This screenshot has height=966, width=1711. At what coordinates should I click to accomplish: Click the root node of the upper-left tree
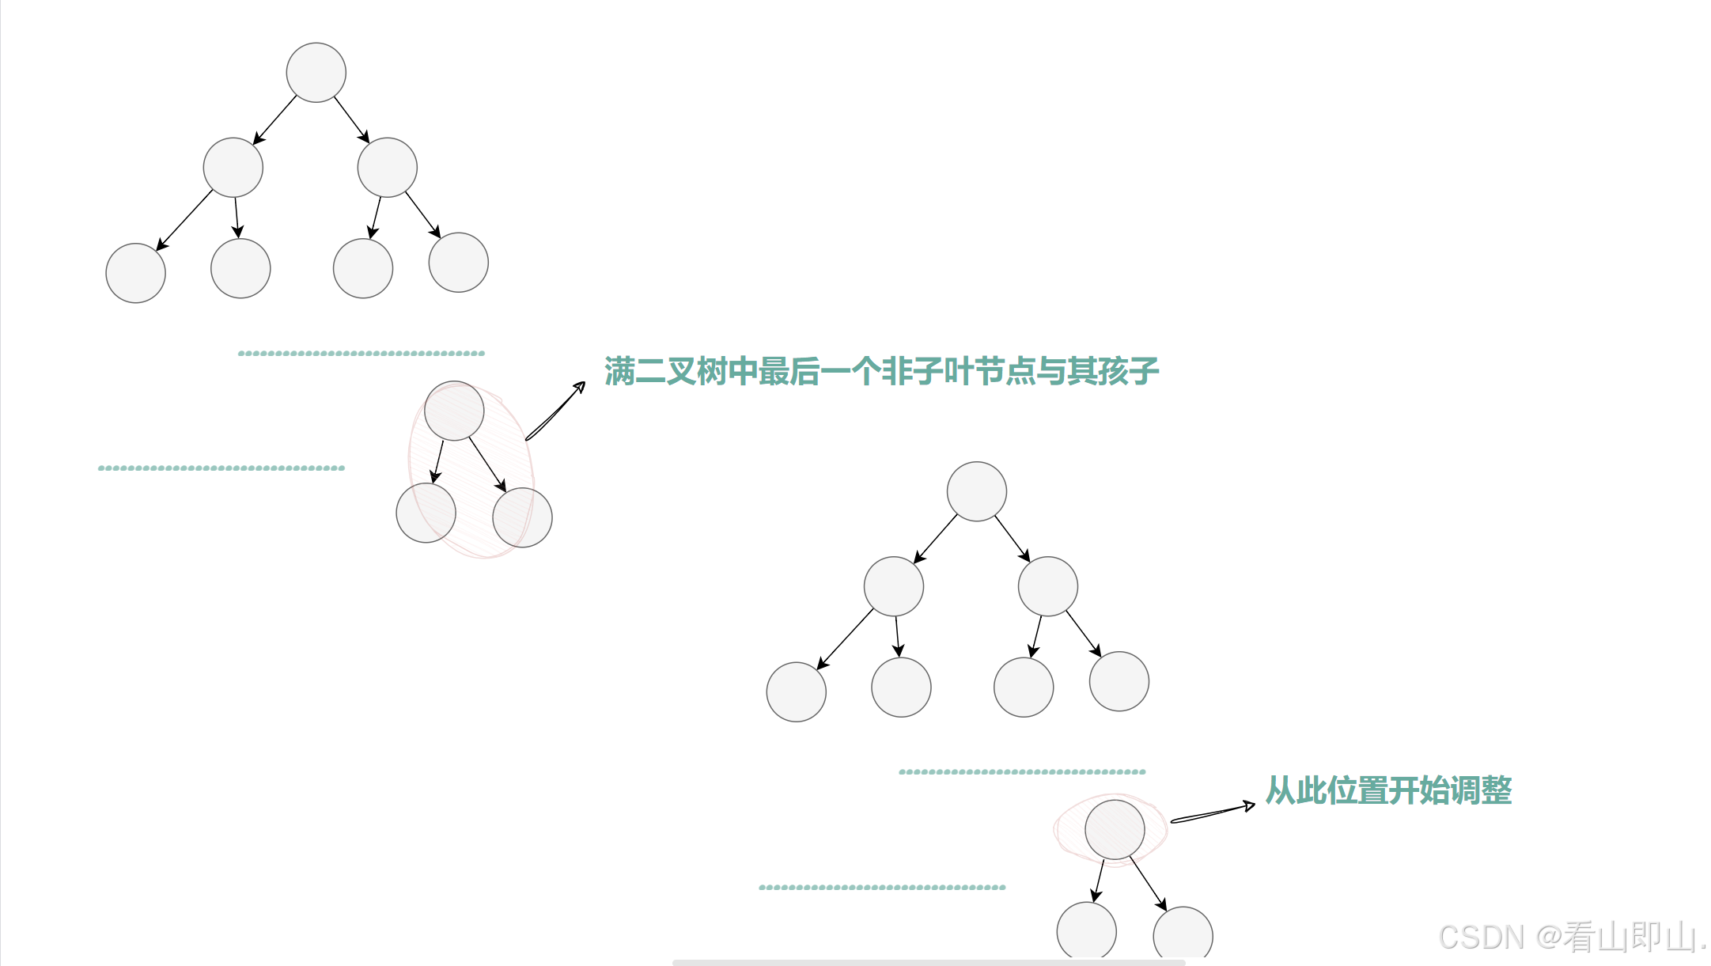click(x=316, y=73)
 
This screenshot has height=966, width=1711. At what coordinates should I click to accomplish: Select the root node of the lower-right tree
click(x=976, y=491)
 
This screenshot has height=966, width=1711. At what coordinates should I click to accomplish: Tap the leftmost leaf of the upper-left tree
click(x=135, y=273)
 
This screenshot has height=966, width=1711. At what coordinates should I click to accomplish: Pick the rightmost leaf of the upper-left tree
click(x=458, y=263)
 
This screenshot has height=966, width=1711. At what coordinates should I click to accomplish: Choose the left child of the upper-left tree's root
click(x=233, y=168)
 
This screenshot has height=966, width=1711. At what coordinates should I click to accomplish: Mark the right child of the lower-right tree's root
click(x=1047, y=586)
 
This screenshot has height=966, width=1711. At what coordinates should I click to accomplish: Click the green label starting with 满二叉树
click(x=881, y=371)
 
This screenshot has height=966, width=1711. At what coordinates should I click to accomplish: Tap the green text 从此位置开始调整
click(x=1388, y=790)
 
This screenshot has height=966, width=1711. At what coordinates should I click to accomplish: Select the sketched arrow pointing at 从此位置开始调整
click(x=1212, y=813)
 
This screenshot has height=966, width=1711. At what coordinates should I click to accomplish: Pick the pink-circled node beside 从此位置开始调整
click(x=1115, y=830)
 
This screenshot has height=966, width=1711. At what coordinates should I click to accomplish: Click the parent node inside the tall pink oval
click(x=454, y=411)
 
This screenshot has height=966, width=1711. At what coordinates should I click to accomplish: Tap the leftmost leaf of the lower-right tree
click(x=796, y=691)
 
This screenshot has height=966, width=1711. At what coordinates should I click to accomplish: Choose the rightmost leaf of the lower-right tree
click(x=1119, y=681)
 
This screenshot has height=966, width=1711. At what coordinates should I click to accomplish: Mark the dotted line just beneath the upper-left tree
click(x=362, y=354)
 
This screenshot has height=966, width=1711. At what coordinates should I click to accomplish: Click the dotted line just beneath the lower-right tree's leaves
click(x=1022, y=771)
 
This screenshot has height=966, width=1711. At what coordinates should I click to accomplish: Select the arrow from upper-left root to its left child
click(x=274, y=120)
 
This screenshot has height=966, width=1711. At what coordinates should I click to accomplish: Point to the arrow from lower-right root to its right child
click(x=1013, y=539)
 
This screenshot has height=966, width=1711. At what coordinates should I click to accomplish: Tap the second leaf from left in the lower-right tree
click(x=901, y=688)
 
